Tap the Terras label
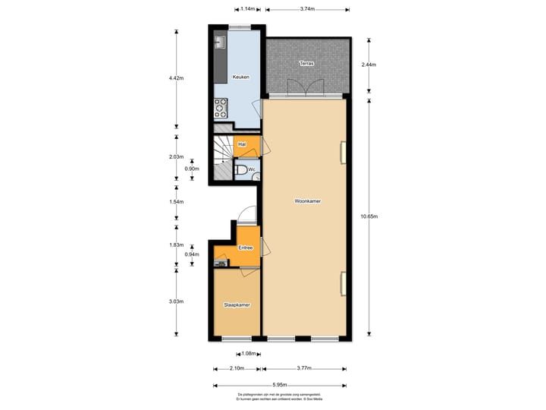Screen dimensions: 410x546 (x=306, y=64)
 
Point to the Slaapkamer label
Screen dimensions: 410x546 (x=237, y=304)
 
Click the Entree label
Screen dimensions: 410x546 (x=246, y=248)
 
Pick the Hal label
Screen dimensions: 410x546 (x=242, y=143)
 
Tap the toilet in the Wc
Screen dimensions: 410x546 (x=240, y=170)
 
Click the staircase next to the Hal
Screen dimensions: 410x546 (x=222, y=158)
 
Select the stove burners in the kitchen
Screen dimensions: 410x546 (x=221, y=108)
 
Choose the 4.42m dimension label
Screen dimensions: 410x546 (x=176, y=78)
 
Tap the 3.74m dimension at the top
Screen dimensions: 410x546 (x=307, y=9)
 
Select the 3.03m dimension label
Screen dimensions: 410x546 (x=176, y=301)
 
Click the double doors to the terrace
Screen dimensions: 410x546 (x=306, y=90)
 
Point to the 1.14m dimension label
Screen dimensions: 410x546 (x=246, y=9)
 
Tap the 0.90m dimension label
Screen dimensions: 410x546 (x=192, y=169)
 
